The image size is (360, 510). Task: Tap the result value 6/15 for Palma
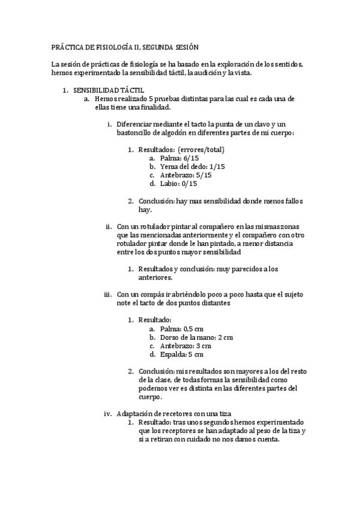pos(190,158)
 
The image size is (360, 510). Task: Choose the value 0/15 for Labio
pos(189,184)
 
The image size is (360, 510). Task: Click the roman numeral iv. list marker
pos(108,414)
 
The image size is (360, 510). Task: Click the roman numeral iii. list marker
pos(108,295)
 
